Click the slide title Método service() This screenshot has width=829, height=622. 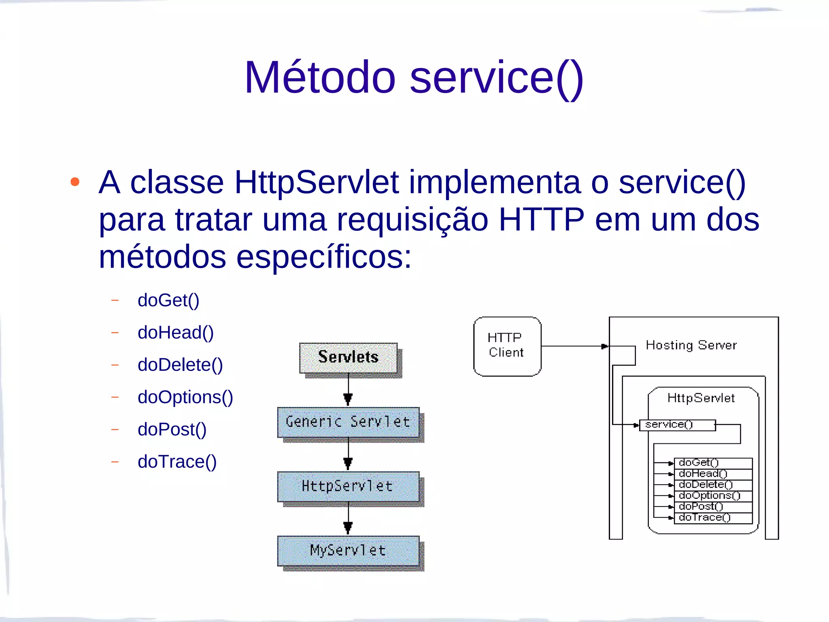[414, 78]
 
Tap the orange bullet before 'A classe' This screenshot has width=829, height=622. [75, 182]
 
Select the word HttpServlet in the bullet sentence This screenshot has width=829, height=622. [317, 183]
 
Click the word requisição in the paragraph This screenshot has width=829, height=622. [412, 220]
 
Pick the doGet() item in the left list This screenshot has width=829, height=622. [168, 300]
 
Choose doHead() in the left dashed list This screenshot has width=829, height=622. [175, 333]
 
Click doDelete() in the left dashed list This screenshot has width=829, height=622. [180, 365]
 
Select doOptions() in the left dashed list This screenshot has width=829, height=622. [185, 397]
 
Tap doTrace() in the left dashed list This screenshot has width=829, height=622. [177, 462]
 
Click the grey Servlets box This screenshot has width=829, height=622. [348, 358]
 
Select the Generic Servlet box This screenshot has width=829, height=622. [348, 422]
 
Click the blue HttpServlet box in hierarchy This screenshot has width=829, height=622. [348, 486]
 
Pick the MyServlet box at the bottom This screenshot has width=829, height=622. [348, 551]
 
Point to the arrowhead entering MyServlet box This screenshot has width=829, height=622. [348, 528]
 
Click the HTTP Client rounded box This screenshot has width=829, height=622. [507, 346]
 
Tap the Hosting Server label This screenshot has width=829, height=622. [691, 345]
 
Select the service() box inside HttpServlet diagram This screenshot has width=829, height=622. [677, 425]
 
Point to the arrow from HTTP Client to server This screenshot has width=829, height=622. [575, 346]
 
